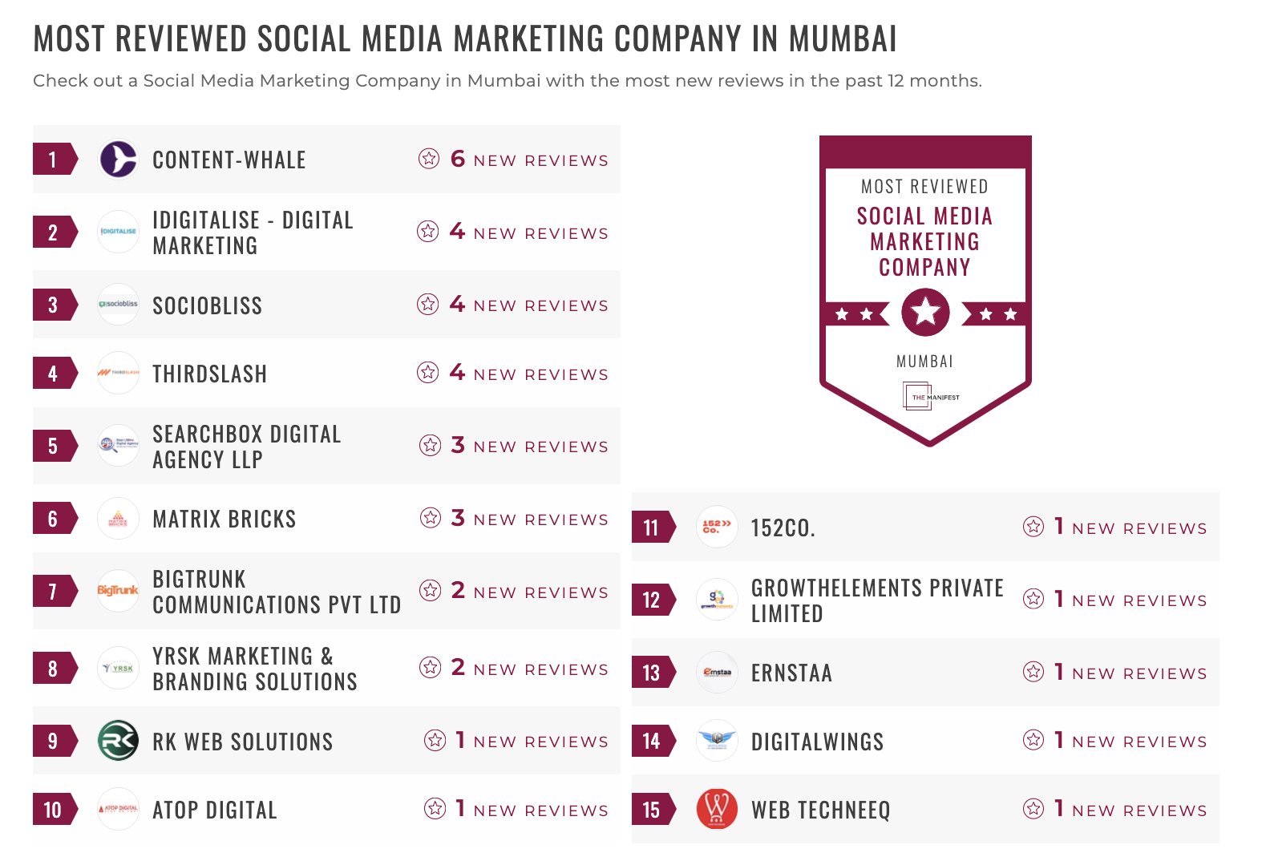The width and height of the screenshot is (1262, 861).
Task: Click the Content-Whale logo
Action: tap(118, 159)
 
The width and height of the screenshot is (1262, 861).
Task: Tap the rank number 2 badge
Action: tap(53, 232)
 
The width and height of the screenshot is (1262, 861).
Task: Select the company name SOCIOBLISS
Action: tap(207, 305)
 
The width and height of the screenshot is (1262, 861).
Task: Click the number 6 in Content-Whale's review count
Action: tap(458, 159)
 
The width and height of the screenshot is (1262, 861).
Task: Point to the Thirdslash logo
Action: tap(118, 373)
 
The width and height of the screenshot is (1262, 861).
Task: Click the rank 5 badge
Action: tap(53, 446)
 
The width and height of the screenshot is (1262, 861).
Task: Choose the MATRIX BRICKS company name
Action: tap(224, 519)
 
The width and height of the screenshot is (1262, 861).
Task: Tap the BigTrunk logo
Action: tap(118, 591)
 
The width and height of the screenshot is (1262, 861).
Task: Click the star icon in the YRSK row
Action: tap(431, 667)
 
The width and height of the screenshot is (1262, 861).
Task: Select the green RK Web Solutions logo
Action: tap(118, 741)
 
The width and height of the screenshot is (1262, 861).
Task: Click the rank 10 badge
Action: tap(53, 810)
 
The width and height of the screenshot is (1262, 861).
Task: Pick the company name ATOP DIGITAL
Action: tap(214, 810)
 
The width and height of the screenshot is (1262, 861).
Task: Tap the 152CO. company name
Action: tap(783, 528)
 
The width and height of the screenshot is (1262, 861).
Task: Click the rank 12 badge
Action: tap(651, 600)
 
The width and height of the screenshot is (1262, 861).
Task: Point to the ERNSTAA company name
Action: tap(791, 673)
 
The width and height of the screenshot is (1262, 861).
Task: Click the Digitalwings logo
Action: tap(717, 740)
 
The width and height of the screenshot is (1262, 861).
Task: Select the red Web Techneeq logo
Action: tap(717, 809)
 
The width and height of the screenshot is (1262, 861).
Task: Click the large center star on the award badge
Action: tap(925, 311)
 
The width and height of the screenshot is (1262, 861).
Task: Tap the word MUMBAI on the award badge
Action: tap(924, 362)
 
